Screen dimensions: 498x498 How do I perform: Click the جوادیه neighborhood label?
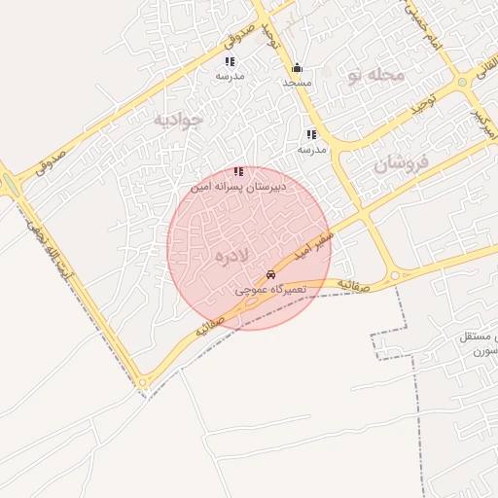coord(179,120)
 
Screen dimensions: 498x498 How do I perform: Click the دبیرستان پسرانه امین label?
coord(239,185)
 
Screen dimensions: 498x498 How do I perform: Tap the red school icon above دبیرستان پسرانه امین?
coord(239,171)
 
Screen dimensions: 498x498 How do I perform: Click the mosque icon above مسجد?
coord(297,68)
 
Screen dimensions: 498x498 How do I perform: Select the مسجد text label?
coord(297,83)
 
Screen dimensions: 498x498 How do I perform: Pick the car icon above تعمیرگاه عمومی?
coord(270,275)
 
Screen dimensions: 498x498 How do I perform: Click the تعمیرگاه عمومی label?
coord(271,290)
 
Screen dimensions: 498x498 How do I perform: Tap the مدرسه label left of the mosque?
coord(230,76)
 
